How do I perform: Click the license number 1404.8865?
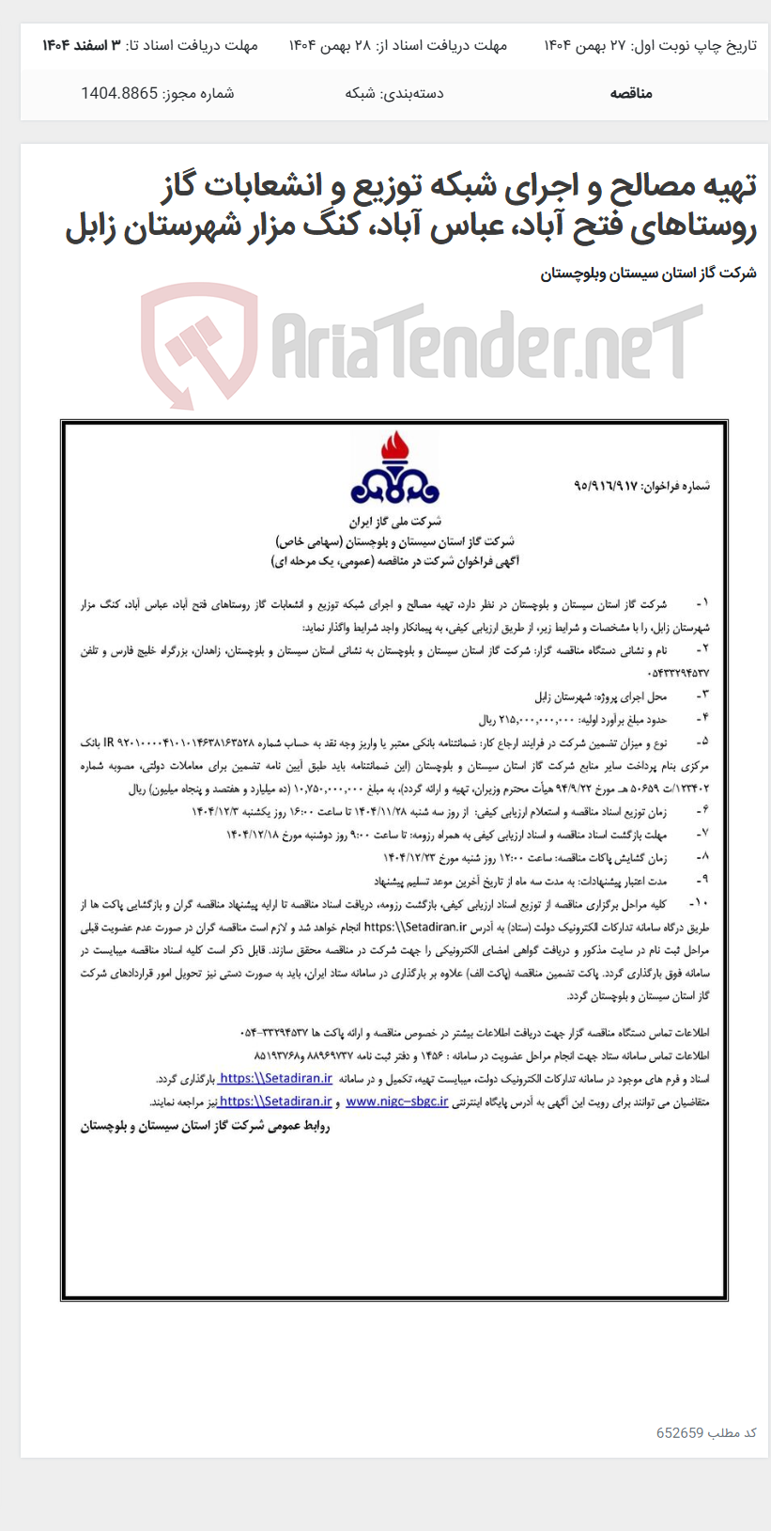[119, 93]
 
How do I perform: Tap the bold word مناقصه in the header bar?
[631, 93]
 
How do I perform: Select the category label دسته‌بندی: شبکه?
[394, 93]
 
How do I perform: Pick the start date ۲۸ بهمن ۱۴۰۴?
[330, 45]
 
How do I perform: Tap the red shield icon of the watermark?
[198, 344]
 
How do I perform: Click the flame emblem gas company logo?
[394, 469]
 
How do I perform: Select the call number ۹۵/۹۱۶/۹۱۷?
[605, 486]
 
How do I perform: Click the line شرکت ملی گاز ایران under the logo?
[395, 521]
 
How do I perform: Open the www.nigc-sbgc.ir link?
[396, 1101]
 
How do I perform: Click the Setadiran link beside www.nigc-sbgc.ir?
[274, 1101]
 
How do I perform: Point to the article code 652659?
[680, 1432]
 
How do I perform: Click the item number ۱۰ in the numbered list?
[701, 903]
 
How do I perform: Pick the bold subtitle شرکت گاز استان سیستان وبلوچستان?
[648, 273]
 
